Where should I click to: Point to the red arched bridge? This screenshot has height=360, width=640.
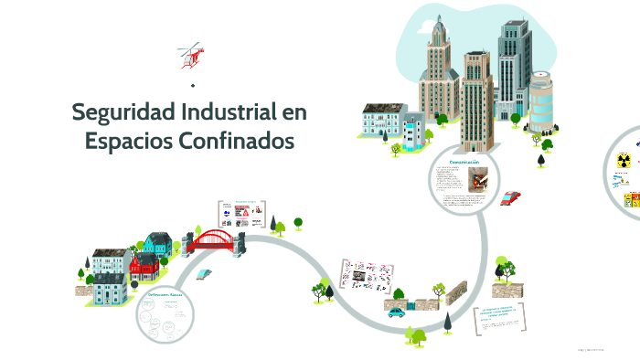(x=215, y=239)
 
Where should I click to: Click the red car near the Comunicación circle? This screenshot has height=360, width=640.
(x=511, y=196)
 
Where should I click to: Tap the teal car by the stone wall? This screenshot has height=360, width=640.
(x=396, y=312)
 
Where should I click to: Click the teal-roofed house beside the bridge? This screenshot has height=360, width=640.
(x=156, y=246)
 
